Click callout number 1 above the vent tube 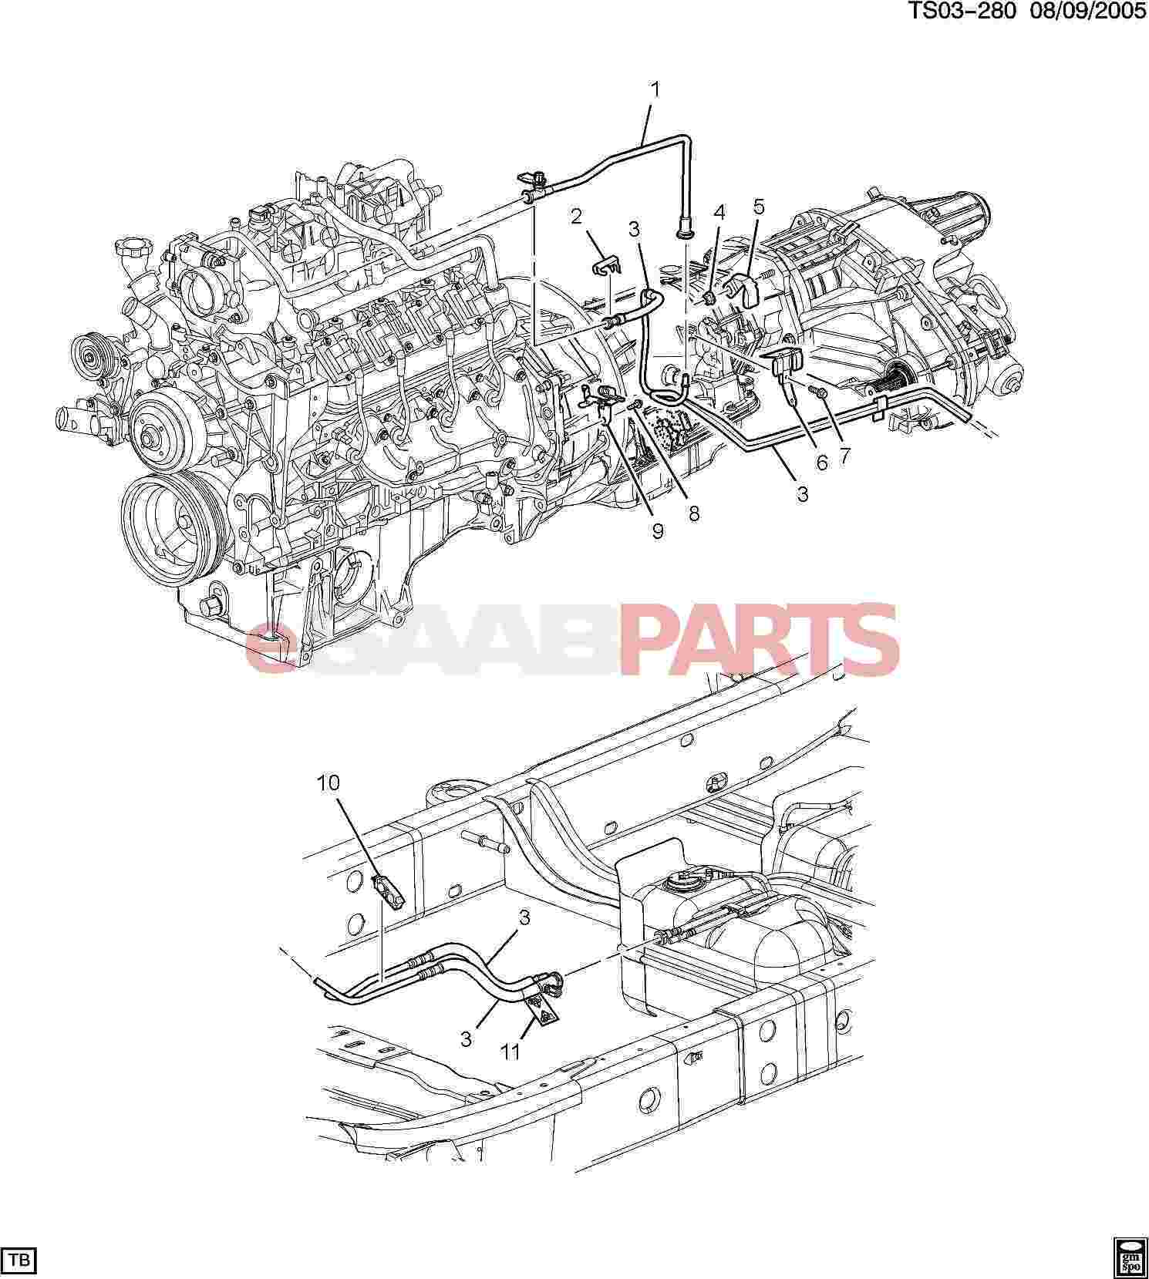point(655,91)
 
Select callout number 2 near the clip point(576,216)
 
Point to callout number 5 point(759,206)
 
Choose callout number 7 point(845,456)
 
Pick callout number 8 point(694,513)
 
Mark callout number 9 point(657,531)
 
